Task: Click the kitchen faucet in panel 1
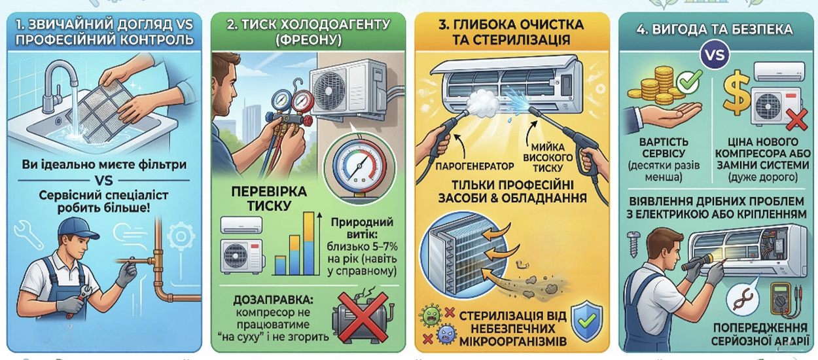click(x=58, y=84)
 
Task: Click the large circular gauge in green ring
click(x=360, y=166)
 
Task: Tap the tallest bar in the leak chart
click(x=309, y=243)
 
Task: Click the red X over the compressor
click(x=363, y=316)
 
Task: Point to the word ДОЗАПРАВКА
click(x=273, y=300)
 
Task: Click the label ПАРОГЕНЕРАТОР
click(x=474, y=166)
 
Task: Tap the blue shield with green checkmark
click(x=586, y=321)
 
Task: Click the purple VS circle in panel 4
click(x=715, y=55)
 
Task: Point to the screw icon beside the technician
click(x=633, y=243)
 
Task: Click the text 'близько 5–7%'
click(x=362, y=247)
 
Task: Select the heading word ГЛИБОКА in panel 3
click(x=484, y=25)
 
